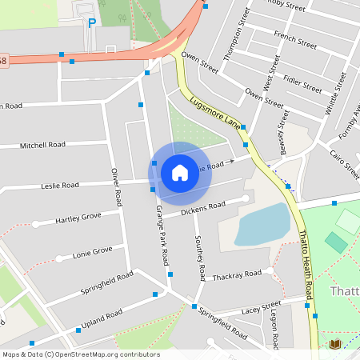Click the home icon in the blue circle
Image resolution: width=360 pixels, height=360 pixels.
tap(179, 172)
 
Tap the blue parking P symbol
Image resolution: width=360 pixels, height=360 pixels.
tap(92, 23)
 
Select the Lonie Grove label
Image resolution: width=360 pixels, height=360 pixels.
tap(92, 251)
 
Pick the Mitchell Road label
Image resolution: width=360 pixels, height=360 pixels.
tap(42, 146)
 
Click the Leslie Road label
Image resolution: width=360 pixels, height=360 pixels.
tap(59, 185)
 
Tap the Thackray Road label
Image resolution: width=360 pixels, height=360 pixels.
tap(237, 274)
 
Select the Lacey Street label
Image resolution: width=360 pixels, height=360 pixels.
tap(262, 306)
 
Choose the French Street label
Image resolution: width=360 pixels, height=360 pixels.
tap(290, 36)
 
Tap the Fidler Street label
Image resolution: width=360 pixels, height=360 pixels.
tap(303, 82)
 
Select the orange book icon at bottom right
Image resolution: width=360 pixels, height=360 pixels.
tap(334, 344)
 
